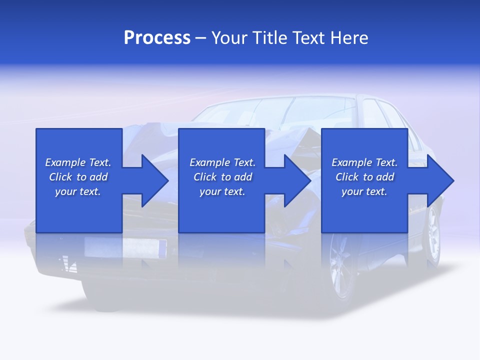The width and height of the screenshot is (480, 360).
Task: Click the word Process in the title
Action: [x=157, y=38]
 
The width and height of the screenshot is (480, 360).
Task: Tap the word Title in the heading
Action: [x=269, y=38]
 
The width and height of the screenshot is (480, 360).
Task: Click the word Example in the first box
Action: [x=65, y=162]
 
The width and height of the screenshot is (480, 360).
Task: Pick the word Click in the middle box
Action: [x=204, y=177]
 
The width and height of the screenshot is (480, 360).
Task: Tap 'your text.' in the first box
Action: [x=78, y=191]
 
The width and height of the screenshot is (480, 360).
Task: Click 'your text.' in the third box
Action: [x=364, y=191]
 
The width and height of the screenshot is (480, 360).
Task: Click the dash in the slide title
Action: [x=201, y=38]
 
